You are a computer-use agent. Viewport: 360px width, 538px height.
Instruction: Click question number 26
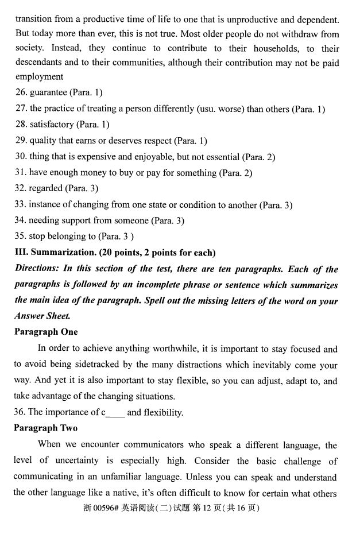(x=21, y=92)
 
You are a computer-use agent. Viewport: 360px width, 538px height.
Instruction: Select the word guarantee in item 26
(x=49, y=92)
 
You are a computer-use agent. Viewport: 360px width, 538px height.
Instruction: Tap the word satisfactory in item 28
(x=52, y=125)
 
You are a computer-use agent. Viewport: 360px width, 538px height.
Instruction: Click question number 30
(x=21, y=157)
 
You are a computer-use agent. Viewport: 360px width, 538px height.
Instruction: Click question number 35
(x=21, y=236)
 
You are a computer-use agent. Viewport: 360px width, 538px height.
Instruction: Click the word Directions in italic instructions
(x=37, y=269)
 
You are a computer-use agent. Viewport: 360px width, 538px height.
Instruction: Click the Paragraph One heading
(x=47, y=332)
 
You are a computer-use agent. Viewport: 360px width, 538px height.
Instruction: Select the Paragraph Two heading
(x=47, y=428)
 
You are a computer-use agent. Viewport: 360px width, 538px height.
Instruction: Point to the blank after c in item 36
(x=115, y=412)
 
